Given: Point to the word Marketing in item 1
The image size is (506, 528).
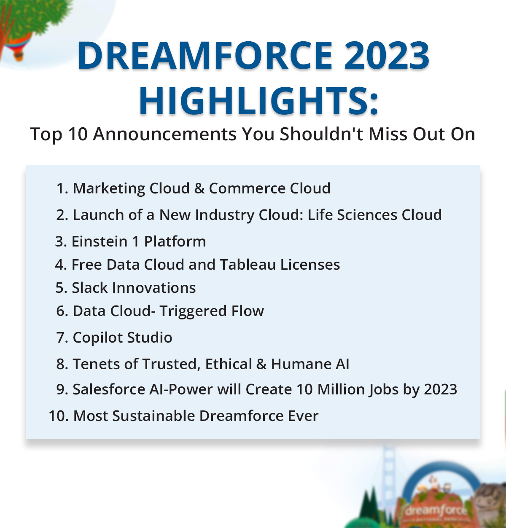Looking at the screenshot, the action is [109, 189].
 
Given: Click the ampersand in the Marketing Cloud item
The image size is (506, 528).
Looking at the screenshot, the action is [199, 188].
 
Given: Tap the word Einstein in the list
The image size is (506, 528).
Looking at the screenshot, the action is [100, 241].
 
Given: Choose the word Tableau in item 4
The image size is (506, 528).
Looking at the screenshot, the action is [248, 264].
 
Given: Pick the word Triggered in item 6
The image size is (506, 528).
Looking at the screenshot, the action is [193, 311].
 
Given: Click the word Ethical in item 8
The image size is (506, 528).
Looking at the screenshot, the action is [229, 364].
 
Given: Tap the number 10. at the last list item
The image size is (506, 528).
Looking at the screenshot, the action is [59, 416].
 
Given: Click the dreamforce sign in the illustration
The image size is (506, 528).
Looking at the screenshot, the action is [436, 511].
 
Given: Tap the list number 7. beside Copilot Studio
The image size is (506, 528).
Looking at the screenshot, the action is [62, 338].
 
